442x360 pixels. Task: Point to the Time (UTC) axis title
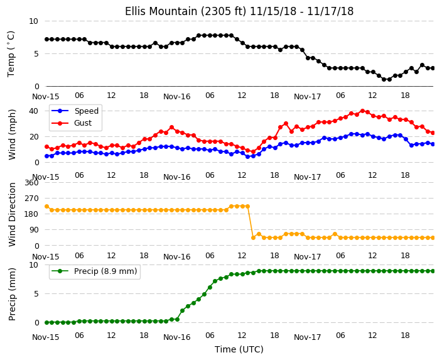tap(239, 349)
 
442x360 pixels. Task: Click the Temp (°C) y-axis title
tap(11, 54)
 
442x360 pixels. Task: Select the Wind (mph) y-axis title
tap(12, 134)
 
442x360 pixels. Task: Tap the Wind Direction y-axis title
tap(12, 215)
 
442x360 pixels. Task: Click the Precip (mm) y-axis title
tap(12, 294)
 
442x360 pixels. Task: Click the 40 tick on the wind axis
tap(33, 111)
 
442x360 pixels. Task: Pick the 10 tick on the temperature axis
tap(33, 21)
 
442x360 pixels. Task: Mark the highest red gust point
tap(362, 111)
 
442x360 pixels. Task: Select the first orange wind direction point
tap(47, 207)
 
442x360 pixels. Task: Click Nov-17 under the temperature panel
tap(307, 97)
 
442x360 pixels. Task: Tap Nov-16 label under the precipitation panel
tap(177, 337)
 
